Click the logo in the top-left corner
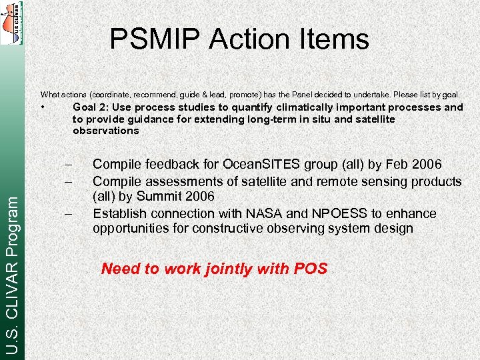(x=11, y=23)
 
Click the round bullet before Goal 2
(x=42, y=107)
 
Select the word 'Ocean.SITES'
(x=255, y=165)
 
